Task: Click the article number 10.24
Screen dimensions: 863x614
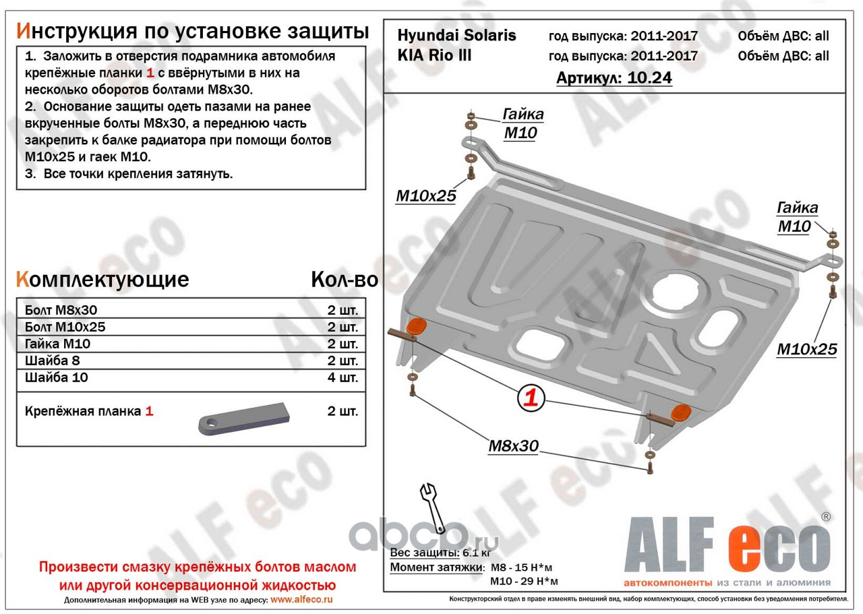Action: (649, 78)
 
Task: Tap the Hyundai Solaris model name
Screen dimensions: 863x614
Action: (456, 36)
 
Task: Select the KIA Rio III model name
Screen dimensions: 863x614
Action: (434, 55)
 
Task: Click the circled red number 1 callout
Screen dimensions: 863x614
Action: (531, 397)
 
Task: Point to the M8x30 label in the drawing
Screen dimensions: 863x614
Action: (513, 446)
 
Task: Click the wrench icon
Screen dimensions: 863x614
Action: (433, 508)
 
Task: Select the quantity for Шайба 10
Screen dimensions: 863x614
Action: (343, 377)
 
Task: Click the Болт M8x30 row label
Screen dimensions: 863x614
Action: (61, 310)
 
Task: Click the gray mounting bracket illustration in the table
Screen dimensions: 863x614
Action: (244, 419)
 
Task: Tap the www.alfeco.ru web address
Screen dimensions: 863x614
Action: (301, 599)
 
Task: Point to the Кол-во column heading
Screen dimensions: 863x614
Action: (345, 279)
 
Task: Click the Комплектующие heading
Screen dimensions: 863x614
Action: (102, 279)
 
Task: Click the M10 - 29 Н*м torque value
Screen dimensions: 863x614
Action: (524, 581)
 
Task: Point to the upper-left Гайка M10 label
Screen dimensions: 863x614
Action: (522, 123)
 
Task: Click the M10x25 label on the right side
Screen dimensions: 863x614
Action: (807, 349)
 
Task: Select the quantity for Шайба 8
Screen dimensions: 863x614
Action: (343, 361)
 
